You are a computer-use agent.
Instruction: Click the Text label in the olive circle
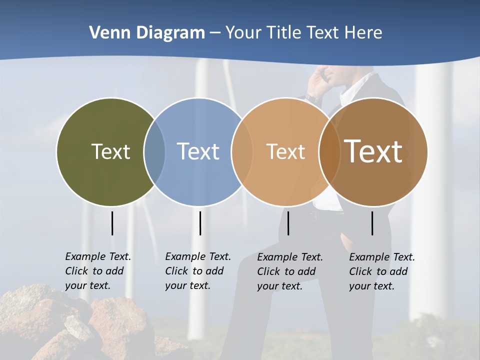pos(110,151)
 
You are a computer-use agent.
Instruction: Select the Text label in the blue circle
pos(198,151)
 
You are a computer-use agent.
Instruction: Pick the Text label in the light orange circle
pos(285,151)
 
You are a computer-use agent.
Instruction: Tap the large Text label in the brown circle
pos(373,151)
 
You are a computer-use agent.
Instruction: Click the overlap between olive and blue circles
pos(154,152)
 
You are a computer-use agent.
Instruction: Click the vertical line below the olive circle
pos(112,223)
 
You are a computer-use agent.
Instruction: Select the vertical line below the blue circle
pos(200,223)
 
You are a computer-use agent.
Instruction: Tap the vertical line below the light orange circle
pos(288,223)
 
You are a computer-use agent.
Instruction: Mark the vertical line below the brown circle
pos(372,223)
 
